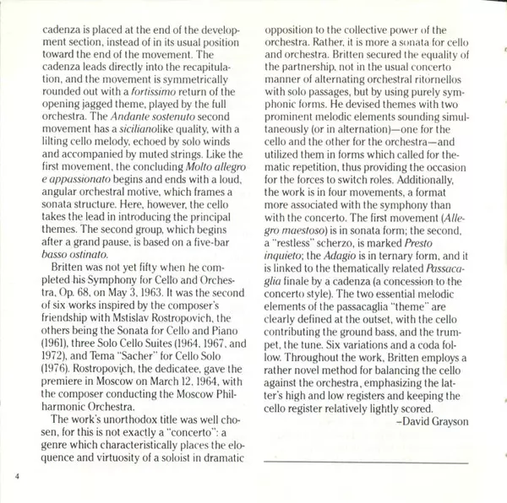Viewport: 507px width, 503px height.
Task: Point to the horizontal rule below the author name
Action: (365, 462)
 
